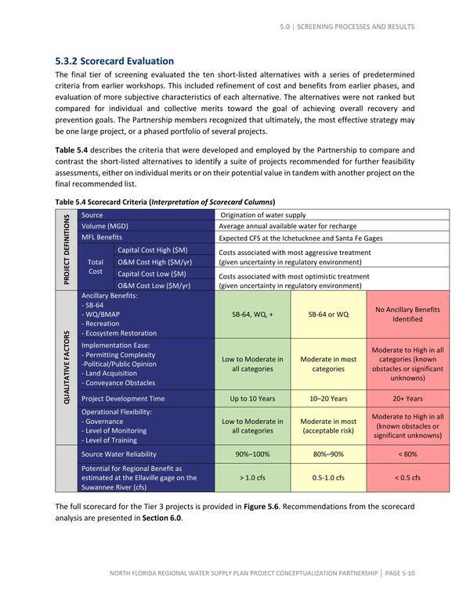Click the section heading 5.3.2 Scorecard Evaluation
[114, 60]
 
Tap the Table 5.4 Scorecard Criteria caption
[164, 201]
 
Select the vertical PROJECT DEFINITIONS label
[67, 250]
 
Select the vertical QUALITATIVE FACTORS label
[67, 368]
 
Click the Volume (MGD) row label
[107, 225]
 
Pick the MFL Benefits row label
[102, 237]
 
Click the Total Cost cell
[96, 267]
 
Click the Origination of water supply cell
[263, 214]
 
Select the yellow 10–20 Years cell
[329, 398]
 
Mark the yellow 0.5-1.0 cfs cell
[329, 477]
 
